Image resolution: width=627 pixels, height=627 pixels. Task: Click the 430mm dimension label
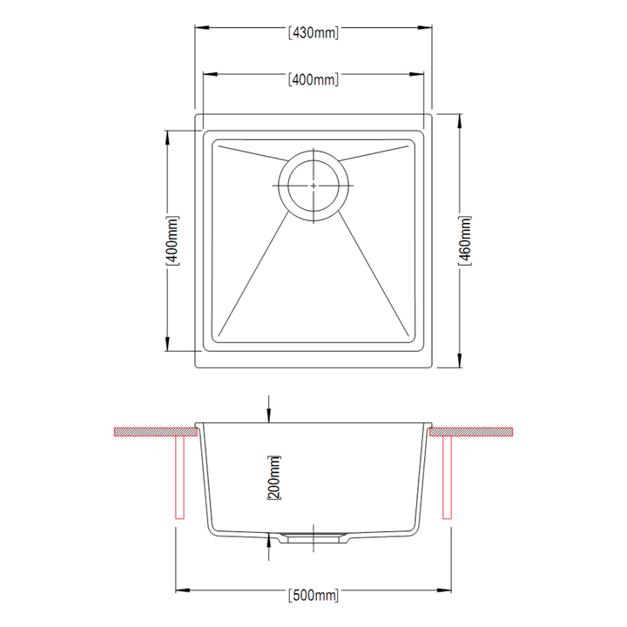pyautogui.click(x=313, y=33)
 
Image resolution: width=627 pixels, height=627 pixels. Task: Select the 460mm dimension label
pyautogui.click(x=465, y=240)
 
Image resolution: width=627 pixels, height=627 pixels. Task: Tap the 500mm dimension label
pyautogui.click(x=313, y=595)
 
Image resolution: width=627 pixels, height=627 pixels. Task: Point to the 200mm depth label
pyautogui.click(x=274, y=477)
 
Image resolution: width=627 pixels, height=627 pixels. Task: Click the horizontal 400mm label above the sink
pyautogui.click(x=313, y=79)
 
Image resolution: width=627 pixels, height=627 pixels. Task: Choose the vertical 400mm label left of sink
pyautogui.click(x=172, y=240)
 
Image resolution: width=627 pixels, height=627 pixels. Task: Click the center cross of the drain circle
pyautogui.click(x=313, y=185)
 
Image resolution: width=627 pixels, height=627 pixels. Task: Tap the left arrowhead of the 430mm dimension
pyautogui.click(x=202, y=28)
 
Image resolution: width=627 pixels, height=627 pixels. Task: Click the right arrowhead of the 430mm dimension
pyautogui.click(x=425, y=28)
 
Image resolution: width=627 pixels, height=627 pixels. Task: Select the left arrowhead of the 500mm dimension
pyautogui.click(x=183, y=590)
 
